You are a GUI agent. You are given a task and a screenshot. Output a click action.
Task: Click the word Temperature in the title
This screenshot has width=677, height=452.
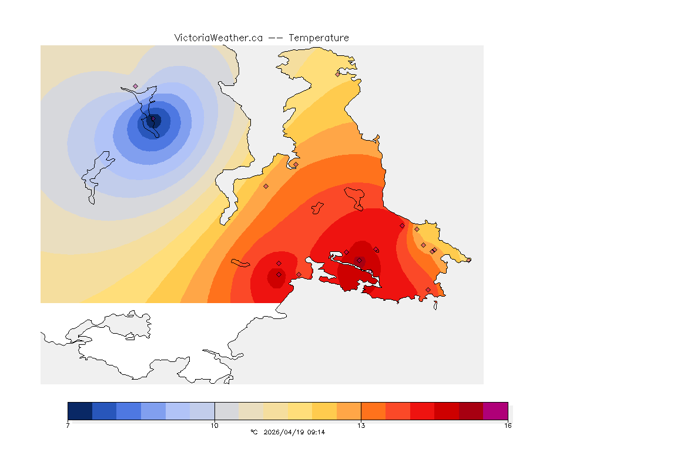click(x=319, y=38)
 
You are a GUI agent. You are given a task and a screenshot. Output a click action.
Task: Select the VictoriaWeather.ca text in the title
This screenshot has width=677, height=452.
click(x=218, y=38)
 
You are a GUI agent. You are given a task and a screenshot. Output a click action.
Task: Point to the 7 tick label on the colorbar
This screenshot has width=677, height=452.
click(x=68, y=425)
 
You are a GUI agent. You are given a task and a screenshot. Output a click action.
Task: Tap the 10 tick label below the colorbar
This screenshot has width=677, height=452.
click(x=215, y=425)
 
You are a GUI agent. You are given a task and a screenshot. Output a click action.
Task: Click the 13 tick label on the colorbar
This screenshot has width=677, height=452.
click(x=361, y=425)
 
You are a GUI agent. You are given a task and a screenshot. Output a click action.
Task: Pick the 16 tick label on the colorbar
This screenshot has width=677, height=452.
click(x=507, y=425)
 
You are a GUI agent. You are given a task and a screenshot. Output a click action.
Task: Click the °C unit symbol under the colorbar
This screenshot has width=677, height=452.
click(x=254, y=432)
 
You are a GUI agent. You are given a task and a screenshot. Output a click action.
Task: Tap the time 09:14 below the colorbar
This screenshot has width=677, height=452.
click(x=316, y=432)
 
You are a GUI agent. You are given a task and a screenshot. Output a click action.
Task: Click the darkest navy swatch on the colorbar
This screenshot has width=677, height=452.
click(x=80, y=411)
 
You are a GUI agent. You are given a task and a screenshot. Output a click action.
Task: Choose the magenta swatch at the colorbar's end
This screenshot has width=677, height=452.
click(x=495, y=411)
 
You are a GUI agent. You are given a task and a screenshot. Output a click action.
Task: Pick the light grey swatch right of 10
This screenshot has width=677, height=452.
click(x=226, y=411)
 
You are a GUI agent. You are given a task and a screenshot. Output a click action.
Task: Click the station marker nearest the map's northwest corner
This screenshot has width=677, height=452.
click(x=135, y=86)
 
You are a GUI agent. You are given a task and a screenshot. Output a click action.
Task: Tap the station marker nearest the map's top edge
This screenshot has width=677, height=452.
click(x=337, y=74)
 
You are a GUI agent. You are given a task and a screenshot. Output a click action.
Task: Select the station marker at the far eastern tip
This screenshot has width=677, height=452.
click(x=468, y=260)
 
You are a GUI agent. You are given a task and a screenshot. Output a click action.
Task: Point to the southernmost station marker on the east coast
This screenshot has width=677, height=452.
click(x=428, y=290)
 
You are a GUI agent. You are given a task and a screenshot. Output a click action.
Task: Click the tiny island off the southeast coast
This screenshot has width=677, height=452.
click(x=435, y=305)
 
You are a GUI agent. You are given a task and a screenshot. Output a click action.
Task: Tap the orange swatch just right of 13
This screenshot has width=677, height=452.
click(x=373, y=411)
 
